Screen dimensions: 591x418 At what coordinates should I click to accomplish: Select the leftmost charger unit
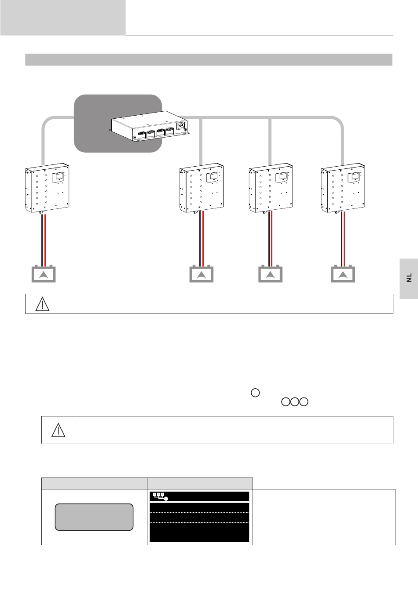(x=47, y=188)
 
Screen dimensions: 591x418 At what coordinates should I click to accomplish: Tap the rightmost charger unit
(x=343, y=188)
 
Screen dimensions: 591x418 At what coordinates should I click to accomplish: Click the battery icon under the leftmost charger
(x=44, y=274)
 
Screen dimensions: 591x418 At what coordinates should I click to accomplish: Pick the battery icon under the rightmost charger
(x=343, y=274)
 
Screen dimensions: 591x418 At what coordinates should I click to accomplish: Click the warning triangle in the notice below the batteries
(x=42, y=304)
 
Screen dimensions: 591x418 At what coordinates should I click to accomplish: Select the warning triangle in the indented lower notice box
(x=58, y=430)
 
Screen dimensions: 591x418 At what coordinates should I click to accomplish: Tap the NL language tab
(x=409, y=278)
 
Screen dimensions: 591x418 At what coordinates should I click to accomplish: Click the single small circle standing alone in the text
(x=255, y=393)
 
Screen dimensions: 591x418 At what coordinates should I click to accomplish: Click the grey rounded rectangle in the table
(x=94, y=517)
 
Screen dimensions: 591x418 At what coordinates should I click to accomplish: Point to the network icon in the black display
(x=158, y=496)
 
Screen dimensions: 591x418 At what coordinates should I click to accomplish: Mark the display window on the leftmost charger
(x=59, y=177)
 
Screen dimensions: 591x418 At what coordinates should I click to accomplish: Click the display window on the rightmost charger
(x=355, y=177)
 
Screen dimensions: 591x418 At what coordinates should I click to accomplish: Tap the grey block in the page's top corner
(x=63, y=18)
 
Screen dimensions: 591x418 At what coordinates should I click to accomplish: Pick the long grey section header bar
(x=209, y=60)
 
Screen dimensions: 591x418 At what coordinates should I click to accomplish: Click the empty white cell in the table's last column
(x=324, y=517)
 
